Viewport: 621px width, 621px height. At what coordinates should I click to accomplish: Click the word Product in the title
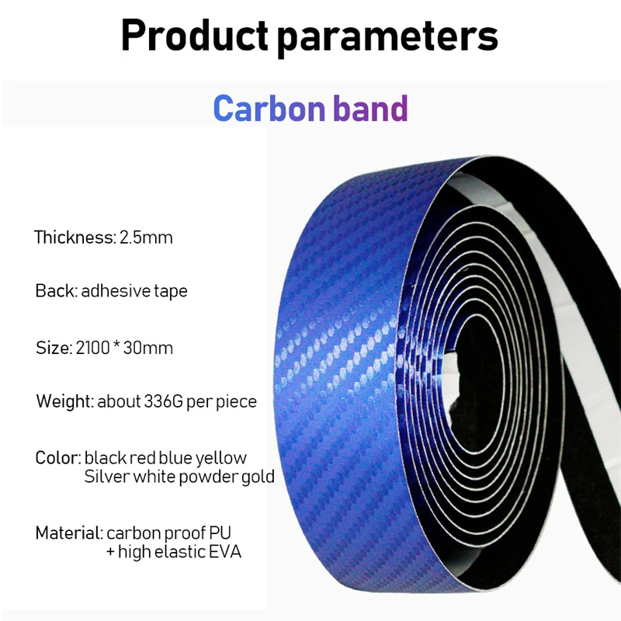tap(195, 36)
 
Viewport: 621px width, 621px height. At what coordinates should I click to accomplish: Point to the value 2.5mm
tap(146, 238)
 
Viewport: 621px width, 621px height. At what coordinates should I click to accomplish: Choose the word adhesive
tap(115, 291)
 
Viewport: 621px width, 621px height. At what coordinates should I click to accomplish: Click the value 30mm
tap(148, 348)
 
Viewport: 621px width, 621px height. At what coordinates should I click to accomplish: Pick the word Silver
tap(107, 477)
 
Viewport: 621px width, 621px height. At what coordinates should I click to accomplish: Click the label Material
tap(69, 533)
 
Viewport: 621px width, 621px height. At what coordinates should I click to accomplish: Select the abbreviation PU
tap(220, 533)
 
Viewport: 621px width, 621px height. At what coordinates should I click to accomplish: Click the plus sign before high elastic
tap(110, 552)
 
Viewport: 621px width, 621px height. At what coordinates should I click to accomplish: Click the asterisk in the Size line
tap(116, 344)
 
